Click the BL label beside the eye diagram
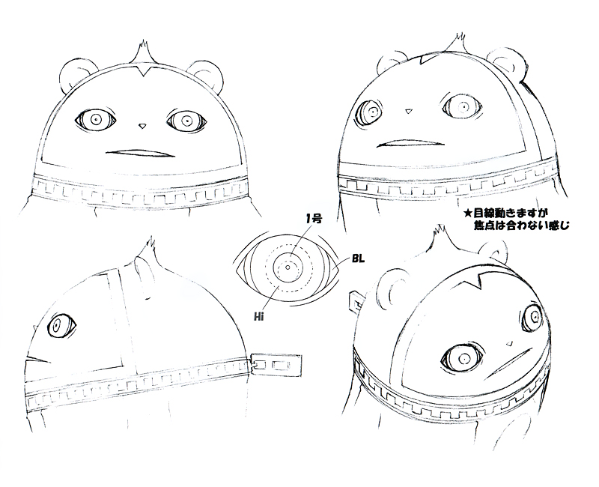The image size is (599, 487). click(x=358, y=259)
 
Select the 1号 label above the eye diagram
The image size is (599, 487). click(x=314, y=219)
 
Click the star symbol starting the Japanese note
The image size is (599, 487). click(x=466, y=214)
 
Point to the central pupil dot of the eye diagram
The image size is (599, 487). click(x=288, y=267)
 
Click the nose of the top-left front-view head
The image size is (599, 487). click(x=142, y=125)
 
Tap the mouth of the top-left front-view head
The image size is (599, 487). click(x=140, y=154)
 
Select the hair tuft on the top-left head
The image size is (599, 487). click(x=143, y=53)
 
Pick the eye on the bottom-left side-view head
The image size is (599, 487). click(x=61, y=326)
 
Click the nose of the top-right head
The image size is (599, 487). click(x=409, y=111)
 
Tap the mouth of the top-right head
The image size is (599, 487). click(x=410, y=143)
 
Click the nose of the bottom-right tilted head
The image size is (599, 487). click(x=509, y=343)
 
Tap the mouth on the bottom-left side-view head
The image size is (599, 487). click(x=37, y=360)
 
